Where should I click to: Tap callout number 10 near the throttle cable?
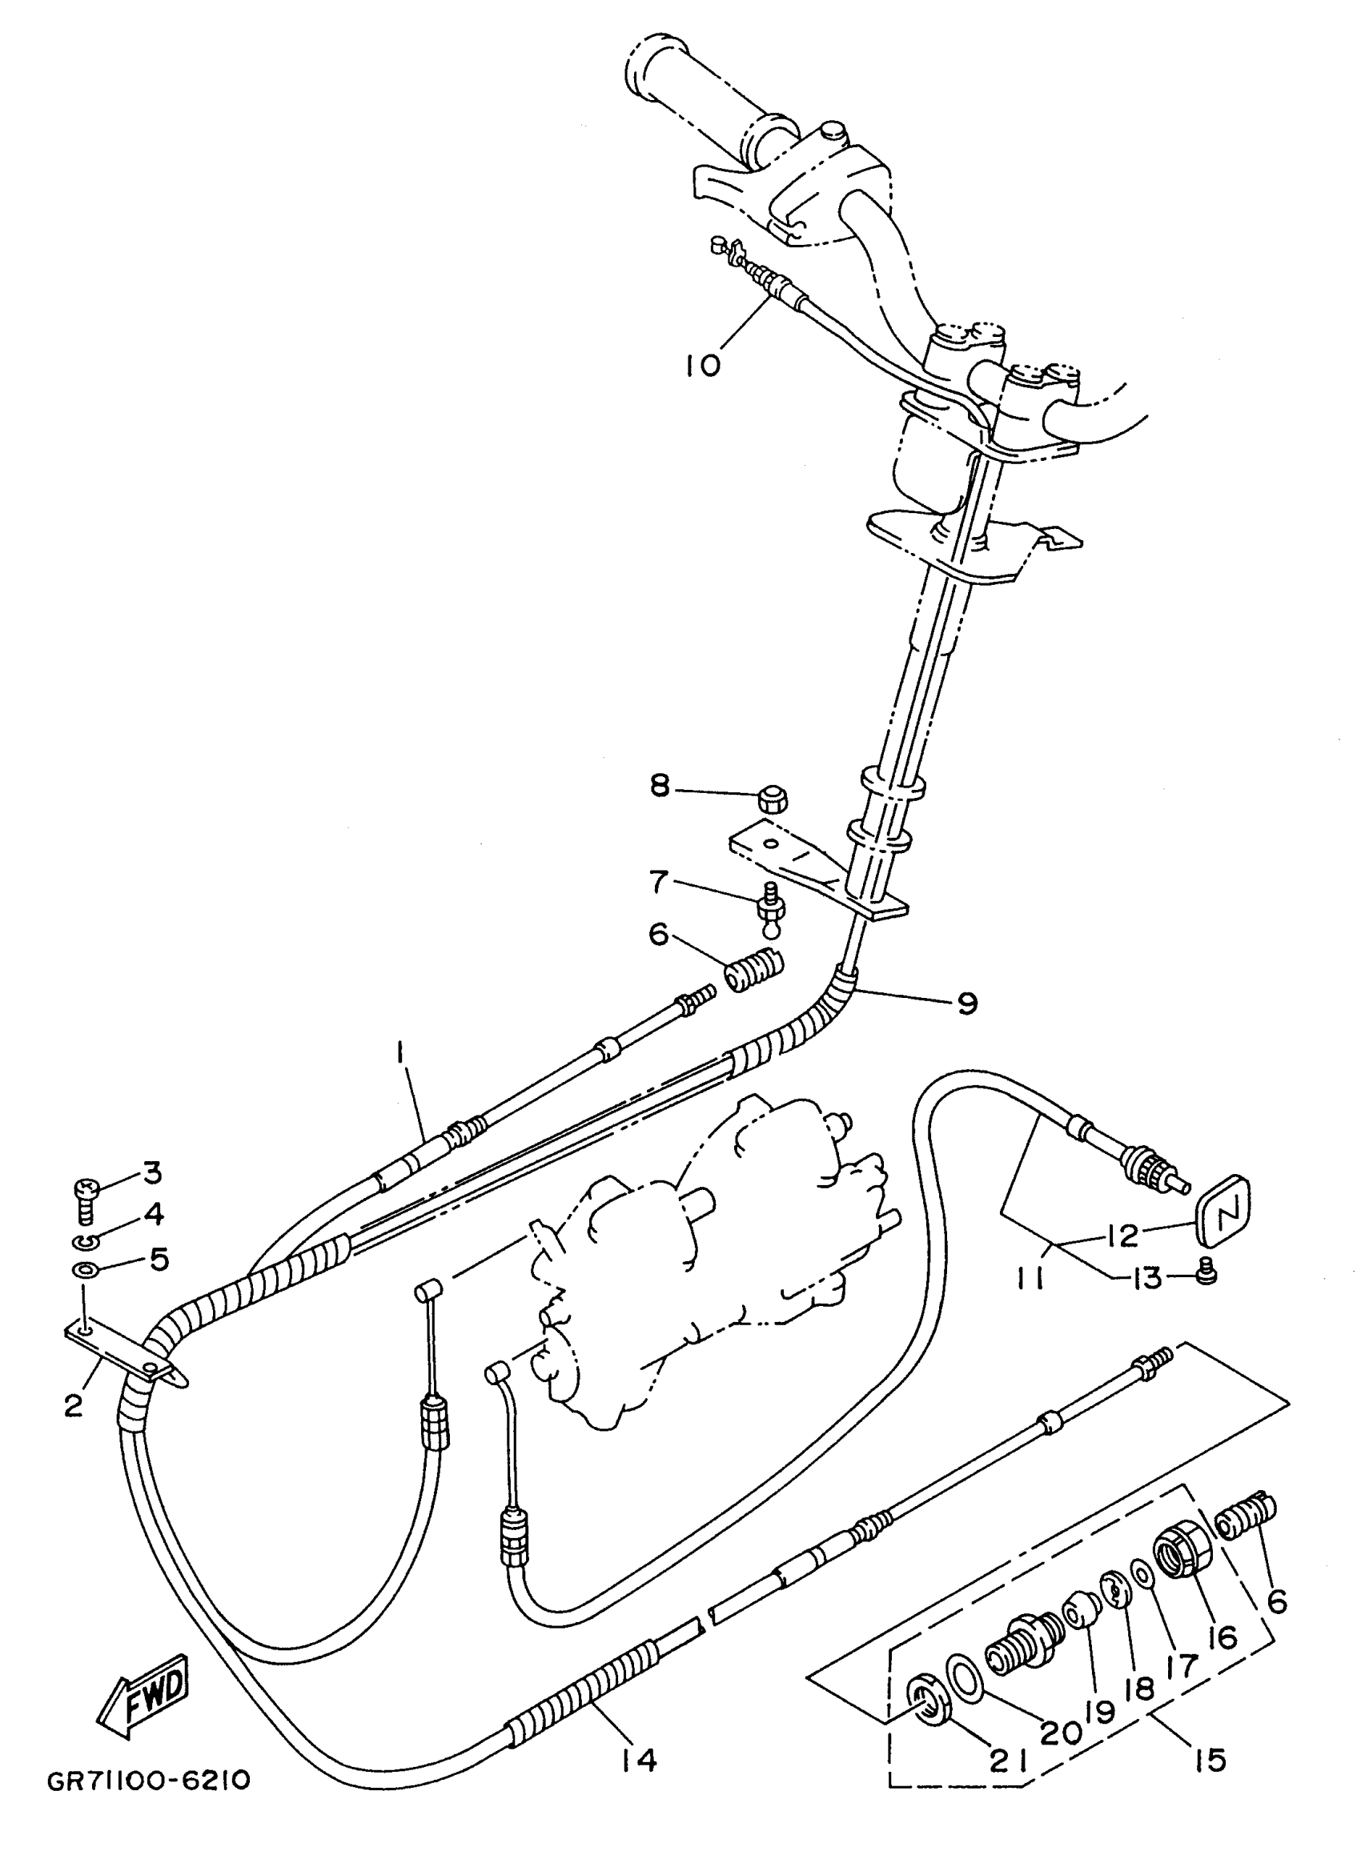click(703, 365)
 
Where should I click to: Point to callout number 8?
click(660, 787)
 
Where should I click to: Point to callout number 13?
click(1146, 1277)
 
